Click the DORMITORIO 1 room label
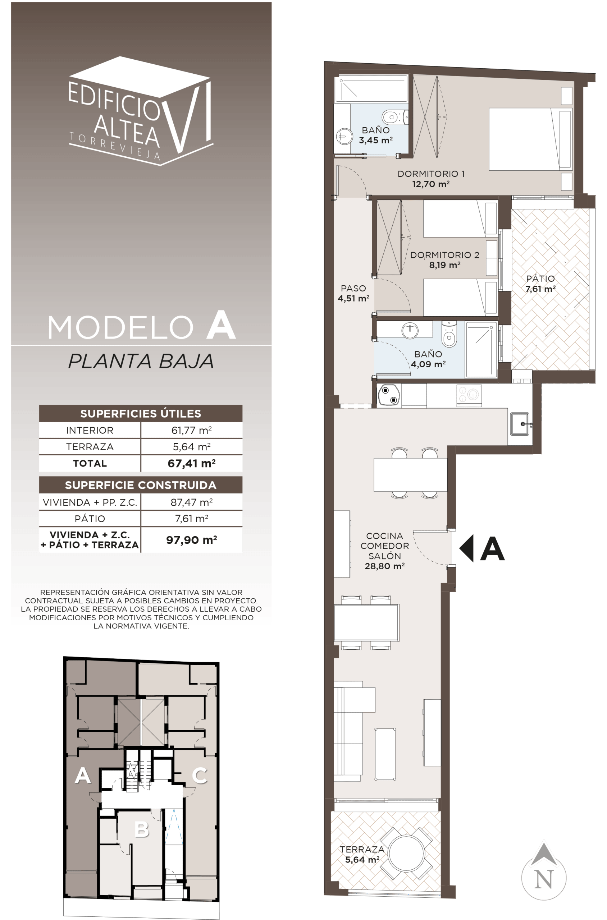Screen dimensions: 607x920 (431, 174)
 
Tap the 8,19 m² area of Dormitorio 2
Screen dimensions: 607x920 (444, 265)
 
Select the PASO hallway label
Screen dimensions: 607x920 (353, 288)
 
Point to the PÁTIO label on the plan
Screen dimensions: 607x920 (540, 278)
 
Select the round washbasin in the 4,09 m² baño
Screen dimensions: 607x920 (410, 330)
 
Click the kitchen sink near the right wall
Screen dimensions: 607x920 (520, 424)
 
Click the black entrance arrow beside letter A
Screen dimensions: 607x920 (466, 548)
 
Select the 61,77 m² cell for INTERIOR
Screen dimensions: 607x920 (192, 430)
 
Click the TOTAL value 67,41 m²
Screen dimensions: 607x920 (192, 463)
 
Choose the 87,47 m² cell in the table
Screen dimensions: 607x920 (192, 502)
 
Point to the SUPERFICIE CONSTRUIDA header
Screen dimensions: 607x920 (141, 485)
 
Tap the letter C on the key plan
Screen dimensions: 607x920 (200, 775)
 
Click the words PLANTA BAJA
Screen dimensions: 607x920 (141, 361)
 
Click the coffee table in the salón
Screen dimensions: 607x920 (385, 754)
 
